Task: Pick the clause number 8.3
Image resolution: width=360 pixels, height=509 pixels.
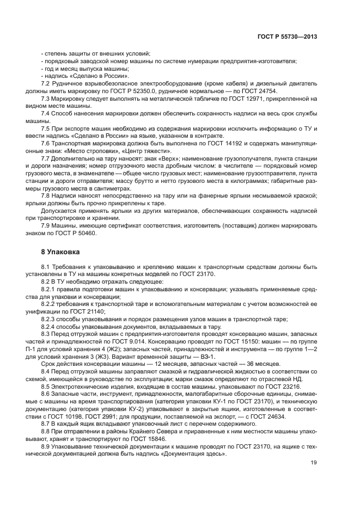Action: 46,333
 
